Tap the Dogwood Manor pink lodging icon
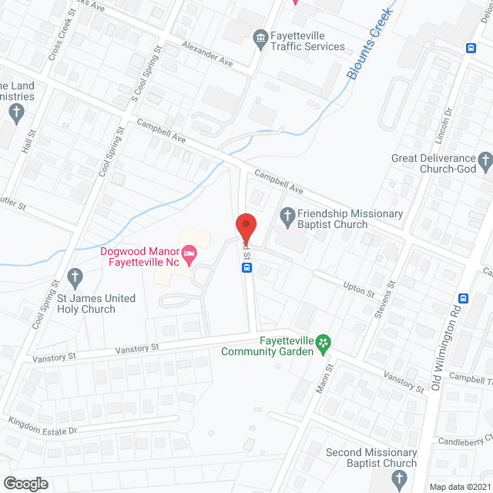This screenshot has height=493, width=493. tap(188, 253)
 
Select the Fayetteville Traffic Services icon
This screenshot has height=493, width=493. tap(260, 36)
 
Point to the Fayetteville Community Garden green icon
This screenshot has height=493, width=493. tap(324, 341)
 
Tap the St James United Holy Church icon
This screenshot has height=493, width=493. tap(75, 276)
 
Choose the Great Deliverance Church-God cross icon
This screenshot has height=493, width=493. tap(485, 160)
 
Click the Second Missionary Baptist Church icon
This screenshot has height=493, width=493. tap(398, 480)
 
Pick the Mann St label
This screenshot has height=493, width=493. tap(323, 382)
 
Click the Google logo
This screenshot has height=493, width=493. tap(25, 483)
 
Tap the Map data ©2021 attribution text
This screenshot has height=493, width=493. tap(459, 486)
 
